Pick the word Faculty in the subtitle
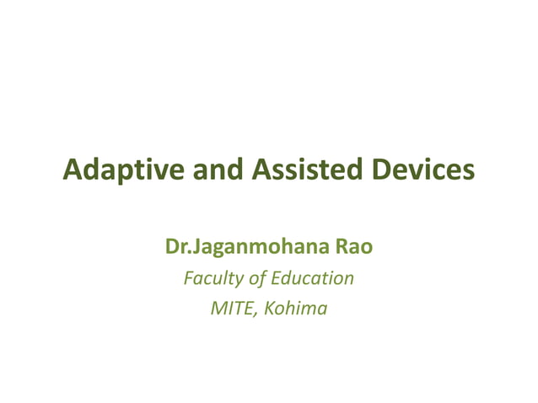[213, 278]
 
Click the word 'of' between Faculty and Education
[258, 278]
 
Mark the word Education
[313, 278]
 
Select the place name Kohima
[295, 309]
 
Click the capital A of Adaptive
[73, 171]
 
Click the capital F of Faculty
[188, 278]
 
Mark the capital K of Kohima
[268, 309]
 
